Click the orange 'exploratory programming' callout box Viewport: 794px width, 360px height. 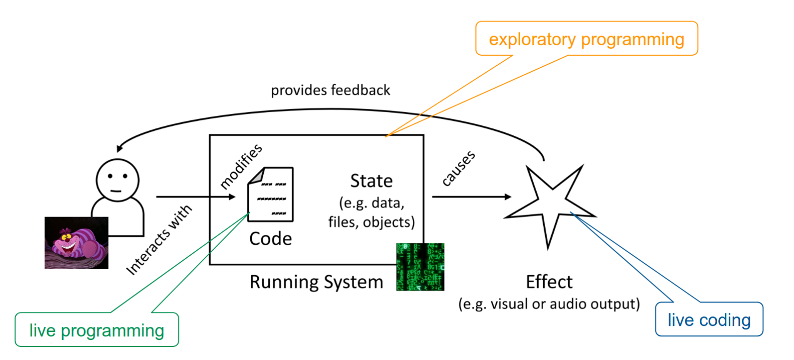(x=586, y=39)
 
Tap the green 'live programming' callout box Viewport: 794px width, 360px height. (x=97, y=330)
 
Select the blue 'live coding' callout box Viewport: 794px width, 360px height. (x=709, y=319)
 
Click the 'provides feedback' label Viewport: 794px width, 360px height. (x=330, y=90)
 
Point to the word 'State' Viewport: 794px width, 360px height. (x=371, y=181)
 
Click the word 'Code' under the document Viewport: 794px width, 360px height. (x=270, y=239)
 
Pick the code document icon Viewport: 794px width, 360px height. (x=271, y=195)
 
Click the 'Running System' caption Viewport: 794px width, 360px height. (x=316, y=282)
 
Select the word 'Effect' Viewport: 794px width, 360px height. (x=549, y=282)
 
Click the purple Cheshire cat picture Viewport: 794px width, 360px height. (x=76, y=243)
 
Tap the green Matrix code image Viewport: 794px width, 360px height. (x=420, y=267)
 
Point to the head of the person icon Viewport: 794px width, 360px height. (x=117, y=179)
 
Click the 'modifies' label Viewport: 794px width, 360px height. (x=241, y=166)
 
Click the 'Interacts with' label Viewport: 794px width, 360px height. (x=159, y=240)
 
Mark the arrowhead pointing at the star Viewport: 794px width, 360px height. (x=508, y=197)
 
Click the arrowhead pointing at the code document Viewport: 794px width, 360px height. (x=232, y=197)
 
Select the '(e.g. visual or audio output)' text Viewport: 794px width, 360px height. (x=549, y=304)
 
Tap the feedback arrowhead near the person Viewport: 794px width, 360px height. (x=119, y=148)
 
